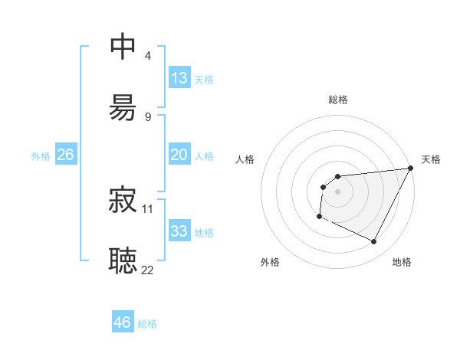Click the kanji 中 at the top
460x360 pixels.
point(123,47)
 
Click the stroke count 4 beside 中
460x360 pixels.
point(148,56)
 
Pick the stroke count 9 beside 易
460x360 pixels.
point(148,116)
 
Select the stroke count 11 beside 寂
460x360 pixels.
point(148,208)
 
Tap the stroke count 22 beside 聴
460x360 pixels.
point(148,269)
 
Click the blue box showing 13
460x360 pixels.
point(179,78)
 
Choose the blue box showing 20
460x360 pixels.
point(179,155)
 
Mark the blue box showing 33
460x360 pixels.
point(179,231)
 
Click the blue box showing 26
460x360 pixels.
point(66,155)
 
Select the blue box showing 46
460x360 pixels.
point(123,322)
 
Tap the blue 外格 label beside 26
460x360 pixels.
point(41,156)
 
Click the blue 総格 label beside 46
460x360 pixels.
point(147,324)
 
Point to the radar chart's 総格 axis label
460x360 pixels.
point(338,100)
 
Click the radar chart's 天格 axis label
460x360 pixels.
point(431,159)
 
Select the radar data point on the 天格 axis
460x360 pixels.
point(410,169)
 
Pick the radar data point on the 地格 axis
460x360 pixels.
point(374,242)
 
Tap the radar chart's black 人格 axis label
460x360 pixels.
point(245,159)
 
